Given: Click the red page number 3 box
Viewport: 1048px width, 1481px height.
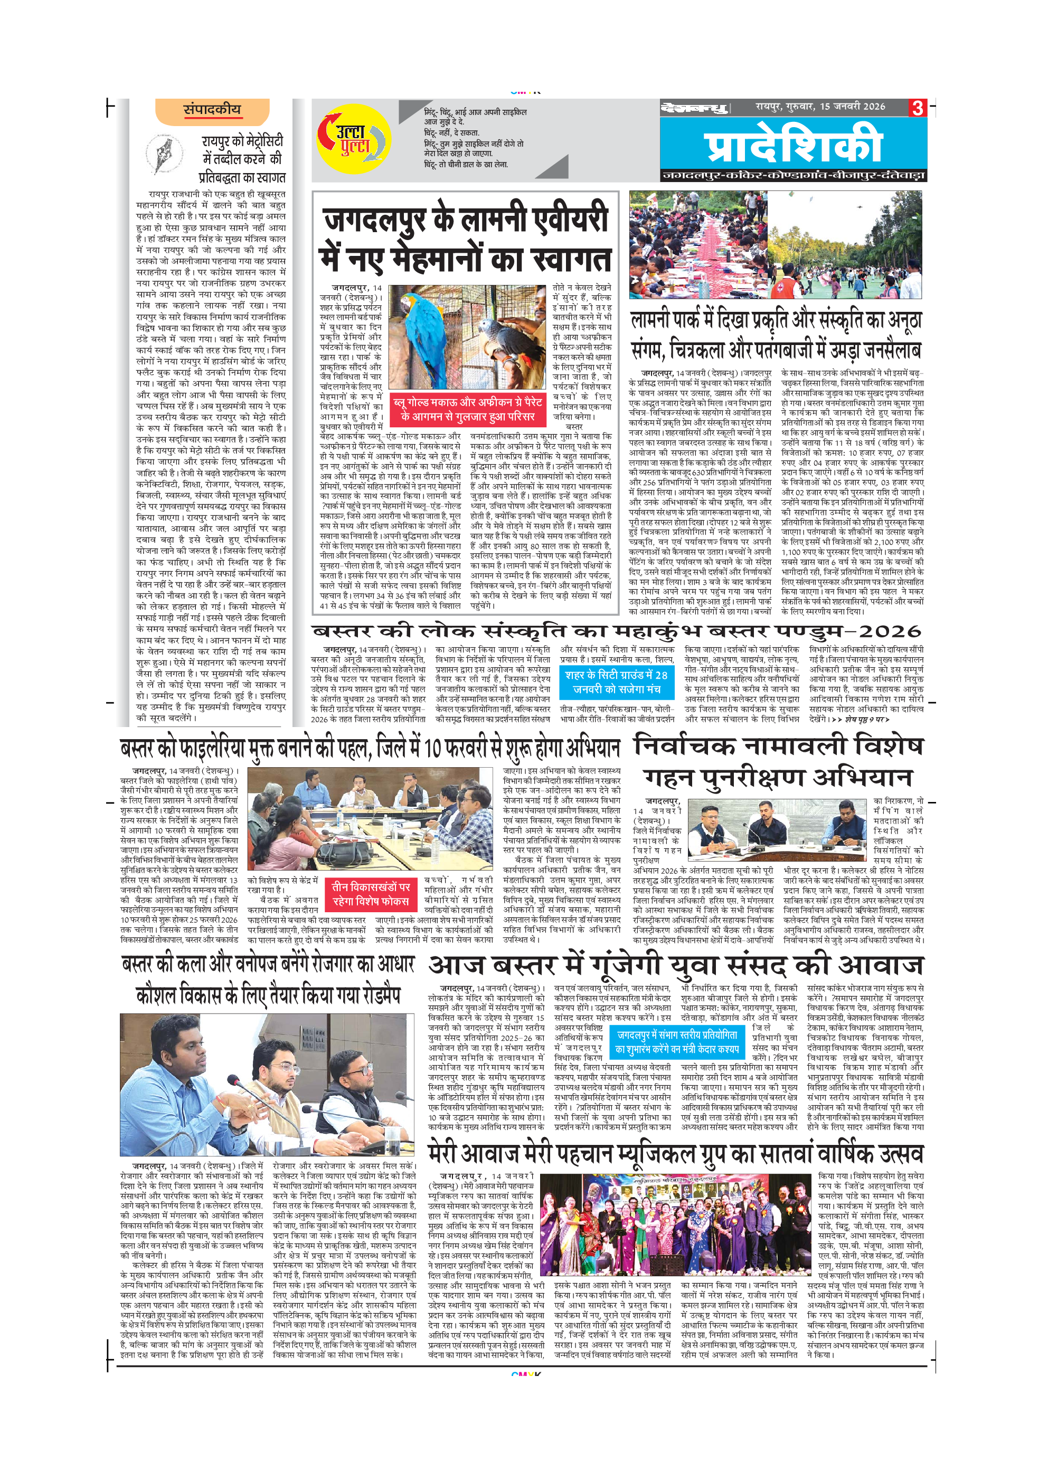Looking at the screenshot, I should click(918, 108).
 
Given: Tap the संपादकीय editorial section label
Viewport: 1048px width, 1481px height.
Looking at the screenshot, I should click(212, 110).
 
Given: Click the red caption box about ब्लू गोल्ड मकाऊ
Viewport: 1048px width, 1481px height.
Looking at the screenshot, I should click(468, 409).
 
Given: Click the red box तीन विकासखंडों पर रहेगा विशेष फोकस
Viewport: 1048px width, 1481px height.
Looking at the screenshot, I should click(371, 894).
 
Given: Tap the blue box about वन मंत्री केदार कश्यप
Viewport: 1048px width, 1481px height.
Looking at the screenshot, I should click(677, 1042).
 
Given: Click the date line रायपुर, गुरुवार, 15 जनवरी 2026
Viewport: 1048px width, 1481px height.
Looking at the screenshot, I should click(820, 107).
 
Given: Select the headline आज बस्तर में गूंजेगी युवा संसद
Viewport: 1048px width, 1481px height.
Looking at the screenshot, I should click(676, 965).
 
